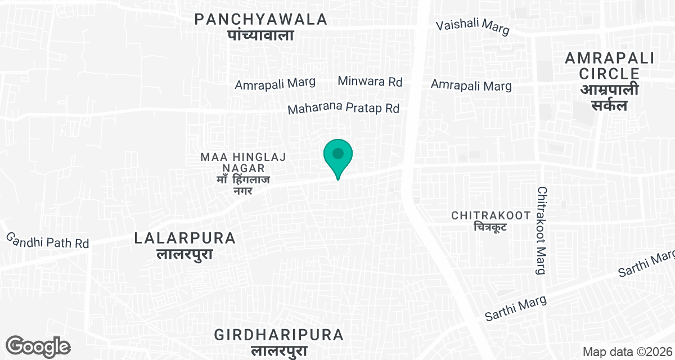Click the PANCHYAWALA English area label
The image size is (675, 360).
coord(261,19)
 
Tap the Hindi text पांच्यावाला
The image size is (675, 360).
coord(261,35)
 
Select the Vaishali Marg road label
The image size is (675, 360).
coord(472,27)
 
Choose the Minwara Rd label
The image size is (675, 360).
coord(370,82)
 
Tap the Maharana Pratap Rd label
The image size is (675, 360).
coord(343,108)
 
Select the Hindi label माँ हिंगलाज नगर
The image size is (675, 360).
coord(244,185)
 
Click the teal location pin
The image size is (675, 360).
coord(337,156)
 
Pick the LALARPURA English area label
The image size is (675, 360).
coord(185,238)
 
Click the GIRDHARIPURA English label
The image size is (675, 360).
coord(279,335)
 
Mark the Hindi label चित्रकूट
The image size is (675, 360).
coord(489,227)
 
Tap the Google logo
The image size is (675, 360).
coord(38,346)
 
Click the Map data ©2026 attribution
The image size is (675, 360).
coord(627,352)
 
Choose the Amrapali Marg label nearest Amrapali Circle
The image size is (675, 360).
coord(471,85)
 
